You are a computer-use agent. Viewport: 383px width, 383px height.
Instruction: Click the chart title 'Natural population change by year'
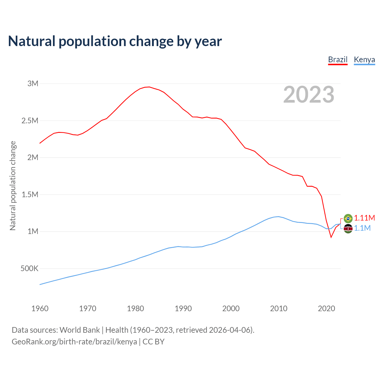click(x=115, y=41)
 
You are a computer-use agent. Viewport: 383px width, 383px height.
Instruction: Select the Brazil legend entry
click(x=338, y=60)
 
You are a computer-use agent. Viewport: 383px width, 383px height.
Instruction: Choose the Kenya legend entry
click(x=364, y=60)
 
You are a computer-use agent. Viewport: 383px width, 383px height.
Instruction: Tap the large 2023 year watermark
click(x=308, y=95)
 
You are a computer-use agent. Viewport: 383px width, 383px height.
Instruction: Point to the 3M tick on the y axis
click(x=33, y=83)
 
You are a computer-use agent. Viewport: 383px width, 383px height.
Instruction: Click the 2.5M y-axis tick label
click(x=30, y=121)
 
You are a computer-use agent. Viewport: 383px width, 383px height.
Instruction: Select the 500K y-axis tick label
click(x=30, y=268)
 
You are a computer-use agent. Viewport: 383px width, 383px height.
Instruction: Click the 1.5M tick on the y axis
click(x=30, y=194)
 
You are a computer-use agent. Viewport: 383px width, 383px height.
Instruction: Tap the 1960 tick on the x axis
click(x=40, y=308)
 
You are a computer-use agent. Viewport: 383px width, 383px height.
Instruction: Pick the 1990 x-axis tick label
click(x=183, y=308)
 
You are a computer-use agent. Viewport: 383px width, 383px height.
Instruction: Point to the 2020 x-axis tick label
click(x=326, y=308)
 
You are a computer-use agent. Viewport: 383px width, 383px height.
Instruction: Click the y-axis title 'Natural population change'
click(x=13, y=186)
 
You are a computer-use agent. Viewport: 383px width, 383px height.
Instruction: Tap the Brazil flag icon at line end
click(x=348, y=218)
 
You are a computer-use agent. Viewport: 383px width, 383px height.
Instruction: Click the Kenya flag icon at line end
click(x=348, y=229)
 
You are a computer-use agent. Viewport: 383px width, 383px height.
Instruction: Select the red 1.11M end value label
click(x=364, y=218)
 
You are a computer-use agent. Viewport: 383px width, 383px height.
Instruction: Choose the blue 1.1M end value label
click(x=362, y=228)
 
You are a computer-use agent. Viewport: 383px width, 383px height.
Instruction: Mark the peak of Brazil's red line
click(x=149, y=87)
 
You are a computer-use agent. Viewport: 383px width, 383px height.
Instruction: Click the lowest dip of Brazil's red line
click(x=331, y=237)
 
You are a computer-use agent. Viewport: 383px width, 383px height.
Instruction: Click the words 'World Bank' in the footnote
click(x=80, y=330)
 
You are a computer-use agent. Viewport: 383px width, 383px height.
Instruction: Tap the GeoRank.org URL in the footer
click(x=74, y=342)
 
